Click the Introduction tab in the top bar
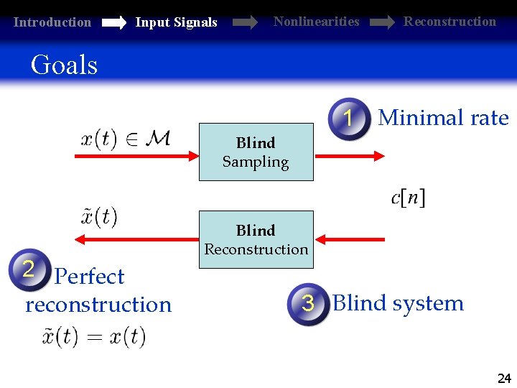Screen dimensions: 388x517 pyautogui.click(x=52, y=22)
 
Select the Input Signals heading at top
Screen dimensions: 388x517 pyautogui.click(x=176, y=22)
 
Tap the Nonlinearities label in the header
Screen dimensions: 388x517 pyautogui.click(x=316, y=22)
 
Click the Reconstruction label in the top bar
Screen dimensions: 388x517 pyautogui.click(x=450, y=22)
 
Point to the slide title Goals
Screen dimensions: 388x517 pyautogui.click(x=64, y=65)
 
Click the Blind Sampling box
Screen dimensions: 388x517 pyautogui.click(x=256, y=152)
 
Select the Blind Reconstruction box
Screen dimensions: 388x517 pyautogui.click(x=256, y=239)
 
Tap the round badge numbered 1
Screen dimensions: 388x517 pyautogui.click(x=349, y=119)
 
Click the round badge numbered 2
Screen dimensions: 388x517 pyautogui.click(x=28, y=269)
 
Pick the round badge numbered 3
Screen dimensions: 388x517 pyautogui.click(x=308, y=303)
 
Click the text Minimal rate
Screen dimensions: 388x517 pyautogui.click(x=443, y=118)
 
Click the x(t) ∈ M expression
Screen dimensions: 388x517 pyautogui.click(x=125, y=139)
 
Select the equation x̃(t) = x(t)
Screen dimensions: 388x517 pyautogui.click(x=93, y=336)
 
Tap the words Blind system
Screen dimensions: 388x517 pyautogui.click(x=398, y=303)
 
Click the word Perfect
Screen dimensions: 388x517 pyautogui.click(x=89, y=277)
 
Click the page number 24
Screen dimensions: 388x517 pyautogui.click(x=504, y=379)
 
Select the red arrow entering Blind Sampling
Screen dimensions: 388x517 pyautogui.click(x=136, y=154)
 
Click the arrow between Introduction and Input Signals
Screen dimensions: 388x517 pyautogui.click(x=113, y=23)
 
